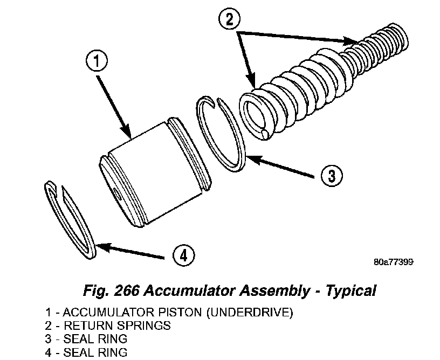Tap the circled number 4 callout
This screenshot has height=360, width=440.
184,255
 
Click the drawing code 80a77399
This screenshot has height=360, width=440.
393,262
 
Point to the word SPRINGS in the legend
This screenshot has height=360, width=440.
146,326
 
